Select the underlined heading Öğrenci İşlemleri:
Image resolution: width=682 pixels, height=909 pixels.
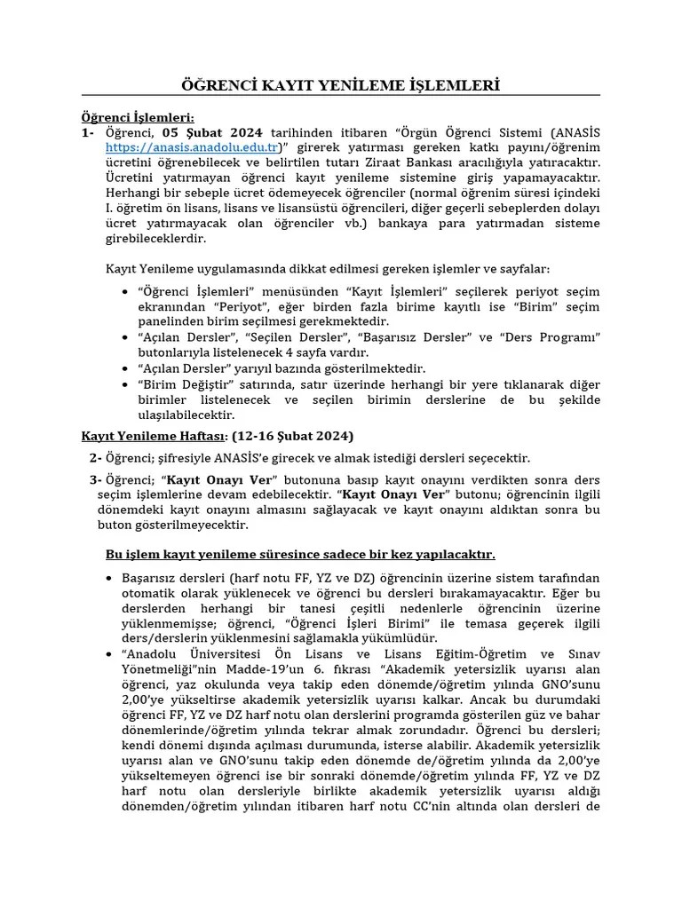pyautogui.click(x=138, y=117)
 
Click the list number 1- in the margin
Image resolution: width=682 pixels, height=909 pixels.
pyautogui.click(x=88, y=132)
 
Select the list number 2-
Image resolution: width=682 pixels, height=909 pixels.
pyautogui.click(x=96, y=458)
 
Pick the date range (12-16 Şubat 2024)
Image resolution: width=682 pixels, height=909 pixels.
pyautogui.click(x=293, y=436)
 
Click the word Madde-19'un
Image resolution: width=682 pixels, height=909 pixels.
pyautogui.click(x=260, y=668)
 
